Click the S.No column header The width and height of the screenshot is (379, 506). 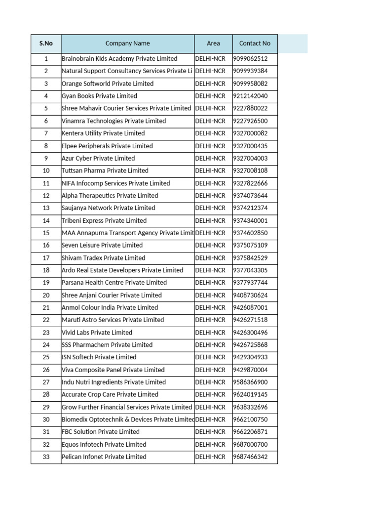point(46,43)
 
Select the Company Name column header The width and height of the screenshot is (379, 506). point(127,43)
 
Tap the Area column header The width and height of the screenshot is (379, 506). point(213,43)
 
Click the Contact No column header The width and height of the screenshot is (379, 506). point(255,43)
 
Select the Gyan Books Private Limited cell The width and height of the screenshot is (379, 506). point(99,96)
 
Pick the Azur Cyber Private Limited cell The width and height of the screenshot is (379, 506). point(98,158)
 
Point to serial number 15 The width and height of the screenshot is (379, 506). point(46,233)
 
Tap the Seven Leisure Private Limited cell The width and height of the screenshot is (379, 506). point(102,245)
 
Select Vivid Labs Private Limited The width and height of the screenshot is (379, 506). point(97,333)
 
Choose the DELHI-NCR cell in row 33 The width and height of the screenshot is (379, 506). point(211,457)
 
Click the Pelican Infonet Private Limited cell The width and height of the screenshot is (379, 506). point(104,457)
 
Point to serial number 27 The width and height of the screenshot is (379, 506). point(46,382)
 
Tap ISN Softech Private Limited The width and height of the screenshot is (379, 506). point(99,357)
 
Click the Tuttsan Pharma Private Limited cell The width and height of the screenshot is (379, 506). point(105,170)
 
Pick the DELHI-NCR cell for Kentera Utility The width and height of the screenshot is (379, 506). point(211,133)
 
